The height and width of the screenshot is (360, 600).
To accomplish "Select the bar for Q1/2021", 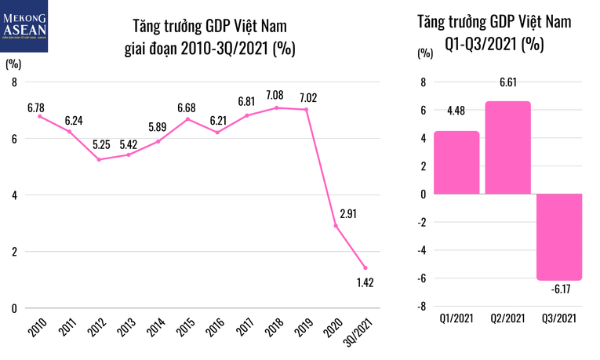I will [x=456, y=162].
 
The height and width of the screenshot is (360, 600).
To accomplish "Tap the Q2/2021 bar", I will [x=507, y=147].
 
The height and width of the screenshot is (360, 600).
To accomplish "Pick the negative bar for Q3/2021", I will [x=559, y=236].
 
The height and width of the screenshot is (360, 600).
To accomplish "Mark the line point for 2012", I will [x=99, y=159].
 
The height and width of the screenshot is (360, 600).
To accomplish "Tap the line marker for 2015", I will [x=187, y=119].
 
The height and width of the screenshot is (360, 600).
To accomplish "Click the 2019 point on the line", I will [x=307, y=110].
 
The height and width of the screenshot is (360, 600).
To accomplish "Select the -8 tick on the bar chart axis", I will [x=422, y=307].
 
